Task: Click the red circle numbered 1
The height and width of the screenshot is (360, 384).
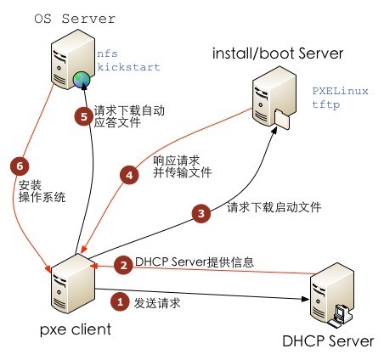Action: (x=121, y=301)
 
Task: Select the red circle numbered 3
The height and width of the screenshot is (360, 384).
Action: (x=201, y=214)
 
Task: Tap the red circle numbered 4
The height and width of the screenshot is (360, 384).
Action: (x=129, y=176)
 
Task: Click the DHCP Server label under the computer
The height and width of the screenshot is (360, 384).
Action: (x=328, y=341)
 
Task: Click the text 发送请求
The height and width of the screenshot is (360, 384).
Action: (x=157, y=301)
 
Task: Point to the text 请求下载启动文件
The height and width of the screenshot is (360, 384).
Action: (x=274, y=208)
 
